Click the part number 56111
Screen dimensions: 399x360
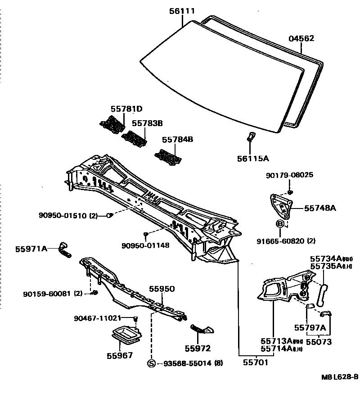pos(182,11)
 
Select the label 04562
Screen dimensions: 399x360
pos(301,39)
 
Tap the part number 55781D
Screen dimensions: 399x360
pos(126,109)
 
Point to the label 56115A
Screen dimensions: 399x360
pos(252,158)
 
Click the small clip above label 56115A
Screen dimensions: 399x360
pos(251,136)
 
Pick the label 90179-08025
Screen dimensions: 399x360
pos(289,175)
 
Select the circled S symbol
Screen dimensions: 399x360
pos(152,363)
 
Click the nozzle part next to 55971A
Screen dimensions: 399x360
pos(64,249)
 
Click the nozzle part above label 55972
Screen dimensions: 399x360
pos(199,330)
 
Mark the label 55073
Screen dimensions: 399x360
pos(319,342)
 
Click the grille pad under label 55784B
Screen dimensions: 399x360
pos(169,156)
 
